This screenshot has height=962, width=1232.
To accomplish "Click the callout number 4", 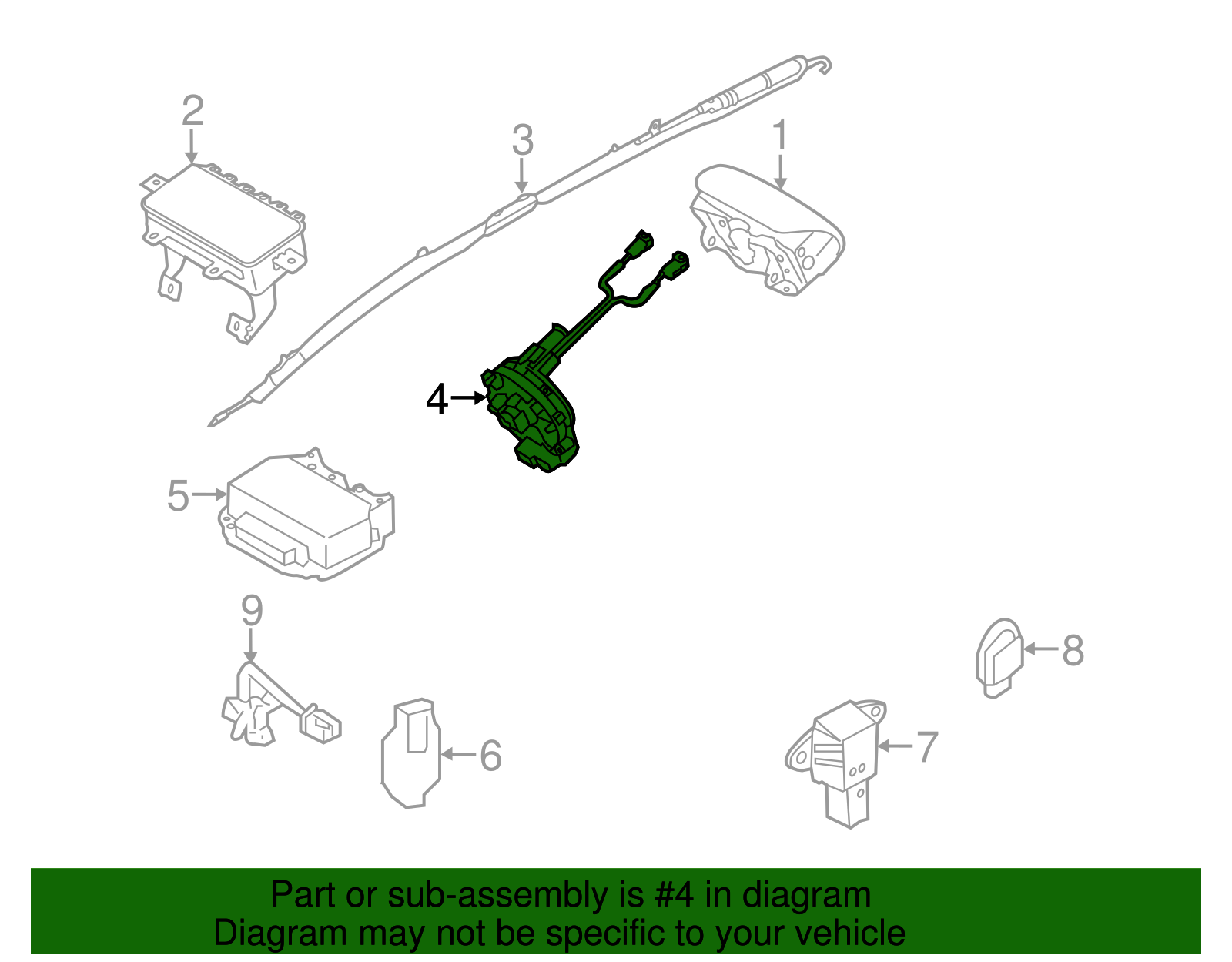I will click(437, 400).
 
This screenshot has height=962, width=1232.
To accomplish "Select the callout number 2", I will click(192, 111).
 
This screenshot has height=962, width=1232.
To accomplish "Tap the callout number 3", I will click(522, 140).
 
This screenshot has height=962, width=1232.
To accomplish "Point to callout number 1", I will click(780, 135).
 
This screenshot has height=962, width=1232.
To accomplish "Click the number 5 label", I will click(178, 495).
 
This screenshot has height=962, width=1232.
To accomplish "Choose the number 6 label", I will click(490, 756).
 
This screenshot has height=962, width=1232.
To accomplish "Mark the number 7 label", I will click(927, 747).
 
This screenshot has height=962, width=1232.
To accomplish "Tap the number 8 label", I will click(1073, 650).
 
